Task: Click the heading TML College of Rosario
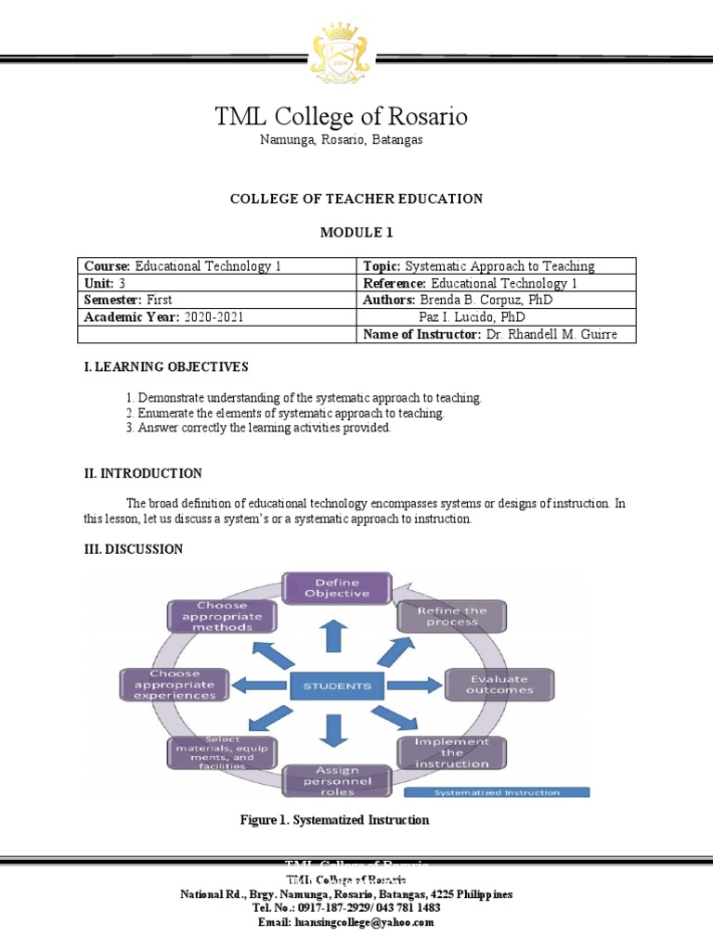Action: tap(342, 117)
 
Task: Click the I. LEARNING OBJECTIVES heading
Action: tap(166, 367)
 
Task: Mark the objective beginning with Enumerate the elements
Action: tap(291, 413)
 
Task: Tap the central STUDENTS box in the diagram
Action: tap(338, 687)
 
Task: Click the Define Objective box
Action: tap(338, 588)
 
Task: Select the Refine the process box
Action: tap(452, 616)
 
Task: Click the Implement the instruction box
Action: tap(452, 752)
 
